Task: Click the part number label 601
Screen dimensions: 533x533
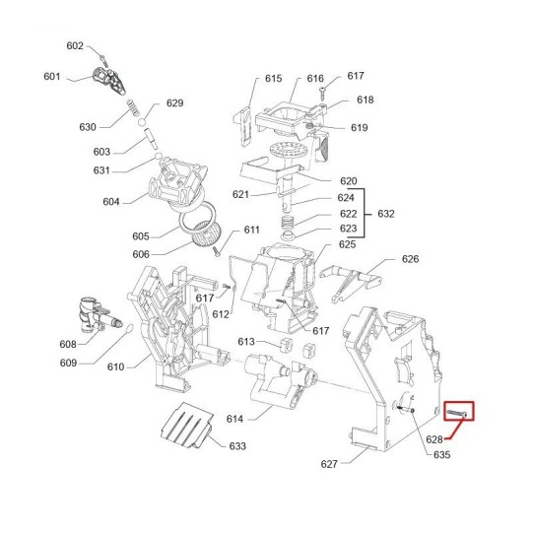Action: click(51, 77)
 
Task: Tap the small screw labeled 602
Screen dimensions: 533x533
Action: click(103, 60)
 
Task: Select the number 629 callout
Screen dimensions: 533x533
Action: click(174, 103)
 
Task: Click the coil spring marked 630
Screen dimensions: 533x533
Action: click(133, 107)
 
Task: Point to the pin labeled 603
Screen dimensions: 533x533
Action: click(152, 139)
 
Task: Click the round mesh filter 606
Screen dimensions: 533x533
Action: click(206, 233)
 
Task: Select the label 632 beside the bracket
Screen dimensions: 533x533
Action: click(386, 214)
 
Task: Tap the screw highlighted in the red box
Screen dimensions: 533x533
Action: click(457, 414)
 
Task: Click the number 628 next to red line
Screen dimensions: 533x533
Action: click(434, 439)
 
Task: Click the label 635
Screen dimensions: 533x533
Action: click(441, 454)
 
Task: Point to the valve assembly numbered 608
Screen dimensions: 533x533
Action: click(99, 316)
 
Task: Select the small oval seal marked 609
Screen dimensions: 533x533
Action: click(129, 328)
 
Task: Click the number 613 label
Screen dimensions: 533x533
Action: click(246, 341)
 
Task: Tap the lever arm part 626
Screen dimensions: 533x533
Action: click(352, 282)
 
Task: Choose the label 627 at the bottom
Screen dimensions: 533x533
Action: click(329, 464)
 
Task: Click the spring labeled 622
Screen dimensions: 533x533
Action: click(289, 223)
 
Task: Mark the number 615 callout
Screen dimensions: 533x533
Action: click(273, 79)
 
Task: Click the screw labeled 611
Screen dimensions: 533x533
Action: click(217, 251)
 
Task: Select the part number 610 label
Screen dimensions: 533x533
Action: click(116, 366)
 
